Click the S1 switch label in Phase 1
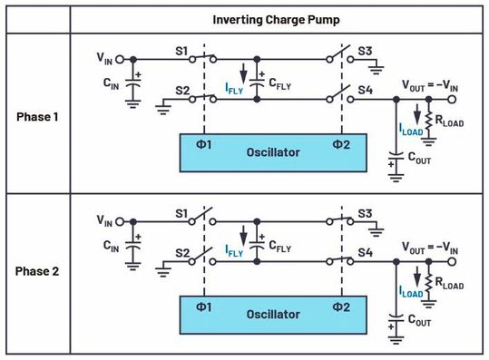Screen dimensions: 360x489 tap(180, 52)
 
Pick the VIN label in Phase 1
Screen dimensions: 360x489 tap(106, 57)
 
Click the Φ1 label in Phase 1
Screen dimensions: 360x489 tap(205, 145)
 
